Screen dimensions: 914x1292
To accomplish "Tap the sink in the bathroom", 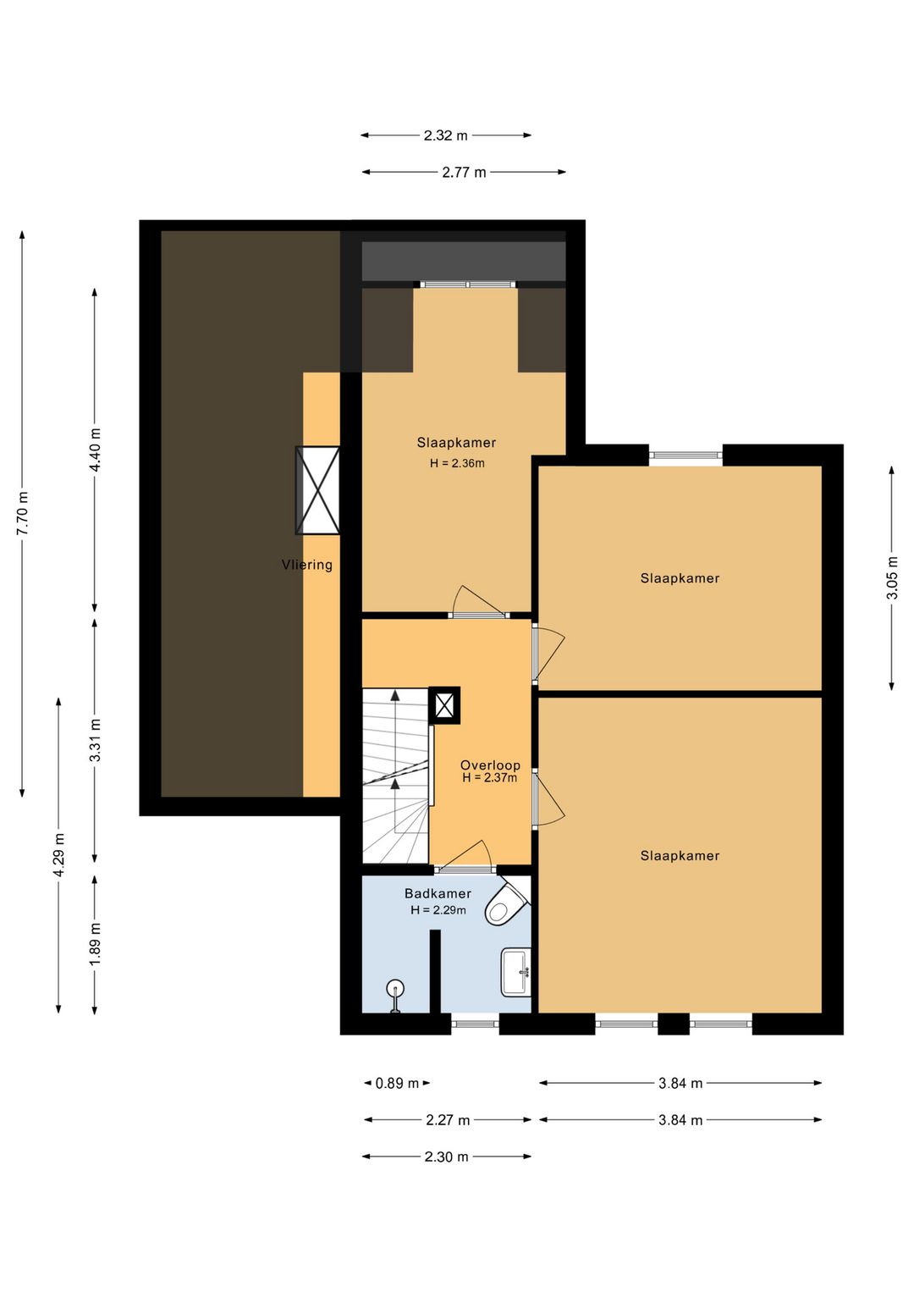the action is (515, 972).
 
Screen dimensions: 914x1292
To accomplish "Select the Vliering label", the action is (306, 565).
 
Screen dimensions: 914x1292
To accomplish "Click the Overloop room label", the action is (490, 765).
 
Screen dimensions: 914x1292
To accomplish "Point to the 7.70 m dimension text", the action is (23, 513).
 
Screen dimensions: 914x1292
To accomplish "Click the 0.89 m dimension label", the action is (397, 1083).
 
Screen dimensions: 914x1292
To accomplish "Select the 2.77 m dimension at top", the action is (465, 172).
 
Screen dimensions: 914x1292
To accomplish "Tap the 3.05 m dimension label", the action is (891, 577).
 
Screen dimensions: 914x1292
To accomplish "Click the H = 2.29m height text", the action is (438, 910).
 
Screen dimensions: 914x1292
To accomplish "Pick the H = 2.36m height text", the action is (457, 462).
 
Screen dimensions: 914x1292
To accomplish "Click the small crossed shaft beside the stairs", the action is (444, 704).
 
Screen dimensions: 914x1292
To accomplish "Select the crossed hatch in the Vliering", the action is (317, 490).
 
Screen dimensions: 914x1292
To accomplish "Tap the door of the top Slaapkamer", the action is (479, 602).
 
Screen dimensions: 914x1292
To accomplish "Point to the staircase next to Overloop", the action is (395, 776).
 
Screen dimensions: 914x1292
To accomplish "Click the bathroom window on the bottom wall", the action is (475, 1024).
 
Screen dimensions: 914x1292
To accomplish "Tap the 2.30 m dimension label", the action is (446, 1157).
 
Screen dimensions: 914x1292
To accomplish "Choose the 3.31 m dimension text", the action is (95, 740).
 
